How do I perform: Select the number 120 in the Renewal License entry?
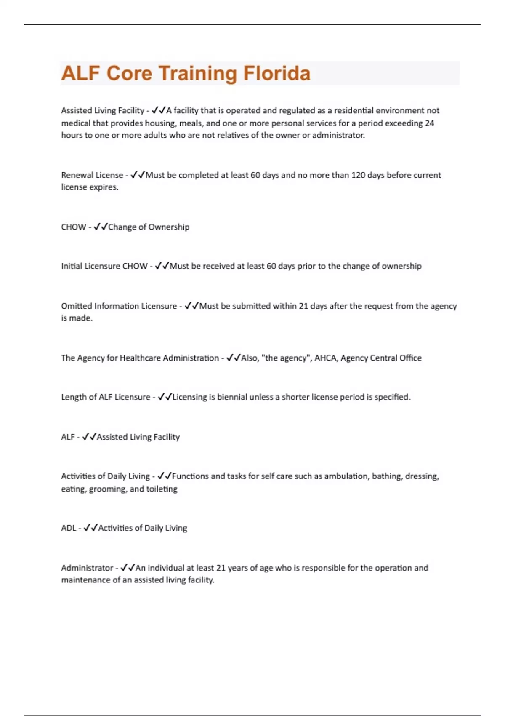coord(358,175)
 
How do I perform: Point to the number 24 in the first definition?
coord(429,123)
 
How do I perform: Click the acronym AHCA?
coord(325,358)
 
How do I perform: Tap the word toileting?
coord(162,489)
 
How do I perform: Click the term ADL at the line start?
coord(68,528)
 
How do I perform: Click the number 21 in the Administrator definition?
coord(221,568)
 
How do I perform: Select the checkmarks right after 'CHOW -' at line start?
coord(101,227)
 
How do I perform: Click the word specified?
coord(392,397)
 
